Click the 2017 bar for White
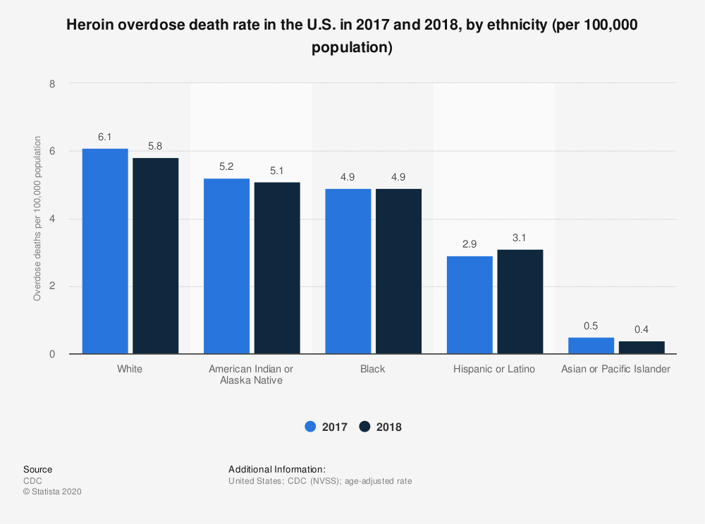105,251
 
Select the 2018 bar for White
156,255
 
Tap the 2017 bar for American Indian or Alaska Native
226,266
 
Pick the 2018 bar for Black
398,271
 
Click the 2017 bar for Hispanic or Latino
470,305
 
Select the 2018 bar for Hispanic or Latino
520,301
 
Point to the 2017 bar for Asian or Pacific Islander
591,346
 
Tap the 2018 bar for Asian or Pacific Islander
642,347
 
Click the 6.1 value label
105,137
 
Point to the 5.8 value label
156,147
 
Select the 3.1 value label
520,238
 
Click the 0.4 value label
642,329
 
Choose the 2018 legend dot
364,427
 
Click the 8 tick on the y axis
52,83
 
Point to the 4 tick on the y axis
52,219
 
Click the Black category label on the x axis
373,369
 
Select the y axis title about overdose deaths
37,219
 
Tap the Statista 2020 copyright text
53,492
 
